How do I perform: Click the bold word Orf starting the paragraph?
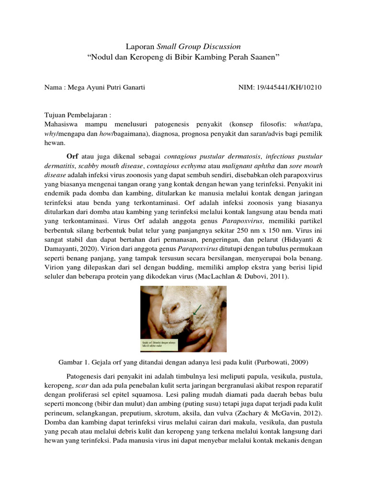click(x=72, y=156)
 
